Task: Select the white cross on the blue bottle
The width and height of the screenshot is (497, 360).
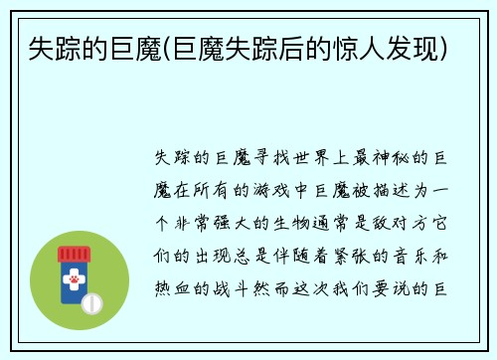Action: [73, 269]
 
